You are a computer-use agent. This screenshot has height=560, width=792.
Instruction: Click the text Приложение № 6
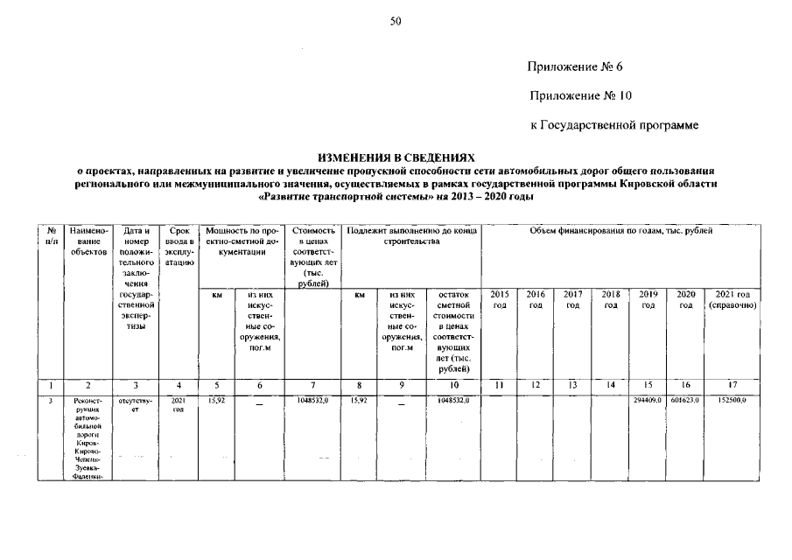(x=575, y=67)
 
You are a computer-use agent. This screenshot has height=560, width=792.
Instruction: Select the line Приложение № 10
(x=579, y=95)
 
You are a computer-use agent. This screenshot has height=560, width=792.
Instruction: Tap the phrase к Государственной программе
(x=614, y=126)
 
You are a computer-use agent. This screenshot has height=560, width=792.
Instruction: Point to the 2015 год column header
(x=499, y=300)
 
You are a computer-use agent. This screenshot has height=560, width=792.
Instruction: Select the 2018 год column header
(x=611, y=300)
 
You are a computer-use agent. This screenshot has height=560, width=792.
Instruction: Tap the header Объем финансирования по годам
(x=620, y=230)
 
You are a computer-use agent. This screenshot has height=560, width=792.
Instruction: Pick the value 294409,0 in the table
(x=648, y=400)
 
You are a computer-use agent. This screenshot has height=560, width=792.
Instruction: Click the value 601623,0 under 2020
(x=685, y=400)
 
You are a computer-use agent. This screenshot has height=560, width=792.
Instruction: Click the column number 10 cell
(x=453, y=384)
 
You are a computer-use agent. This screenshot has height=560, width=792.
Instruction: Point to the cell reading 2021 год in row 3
(x=179, y=404)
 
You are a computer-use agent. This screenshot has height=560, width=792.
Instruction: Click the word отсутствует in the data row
(x=135, y=404)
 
